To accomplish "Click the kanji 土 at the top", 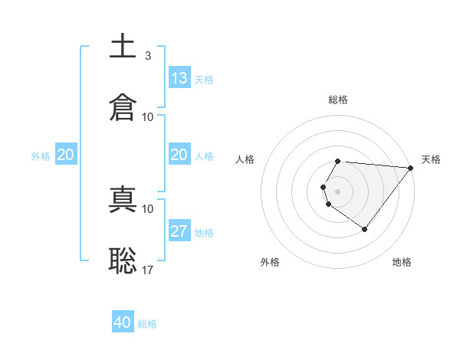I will click(x=123, y=47).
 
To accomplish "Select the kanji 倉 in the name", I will click(x=123, y=107).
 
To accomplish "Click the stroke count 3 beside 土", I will click(x=148, y=56).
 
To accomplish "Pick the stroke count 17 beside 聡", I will click(x=148, y=270).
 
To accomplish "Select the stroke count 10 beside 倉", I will click(x=148, y=116).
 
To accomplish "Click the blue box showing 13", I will click(x=179, y=78).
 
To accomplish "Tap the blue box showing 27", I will click(x=179, y=231).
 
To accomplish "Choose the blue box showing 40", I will click(x=123, y=322).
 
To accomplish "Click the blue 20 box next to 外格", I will click(x=66, y=155).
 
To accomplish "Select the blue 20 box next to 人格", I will click(x=179, y=155).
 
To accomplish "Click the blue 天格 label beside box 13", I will click(x=204, y=79).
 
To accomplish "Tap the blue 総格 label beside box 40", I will click(x=147, y=324).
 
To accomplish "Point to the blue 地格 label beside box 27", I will click(x=204, y=232).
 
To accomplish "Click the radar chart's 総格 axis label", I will click(x=338, y=100).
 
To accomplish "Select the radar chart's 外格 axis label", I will click(x=270, y=262).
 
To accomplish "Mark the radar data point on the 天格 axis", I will click(x=411, y=168).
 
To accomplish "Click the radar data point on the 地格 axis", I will click(x=365, y=229).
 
